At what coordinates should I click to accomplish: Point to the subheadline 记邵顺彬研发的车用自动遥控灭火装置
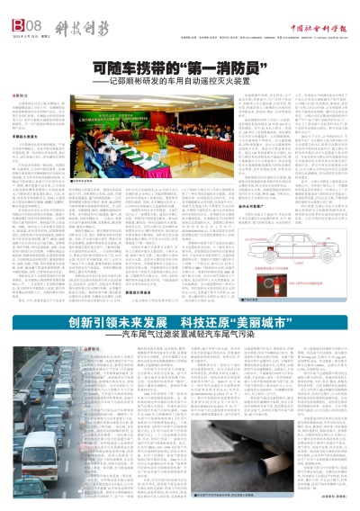click(199, 82)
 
